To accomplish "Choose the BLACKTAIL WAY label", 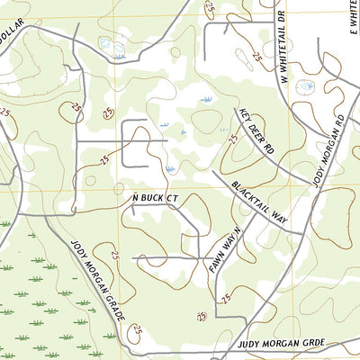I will pos(259,200).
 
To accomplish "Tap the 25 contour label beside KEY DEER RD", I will pos(233,140).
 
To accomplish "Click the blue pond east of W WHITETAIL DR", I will pos(306,87).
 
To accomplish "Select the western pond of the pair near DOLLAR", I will pos(104,42).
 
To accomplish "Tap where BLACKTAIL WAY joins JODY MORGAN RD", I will pos(302,232).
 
